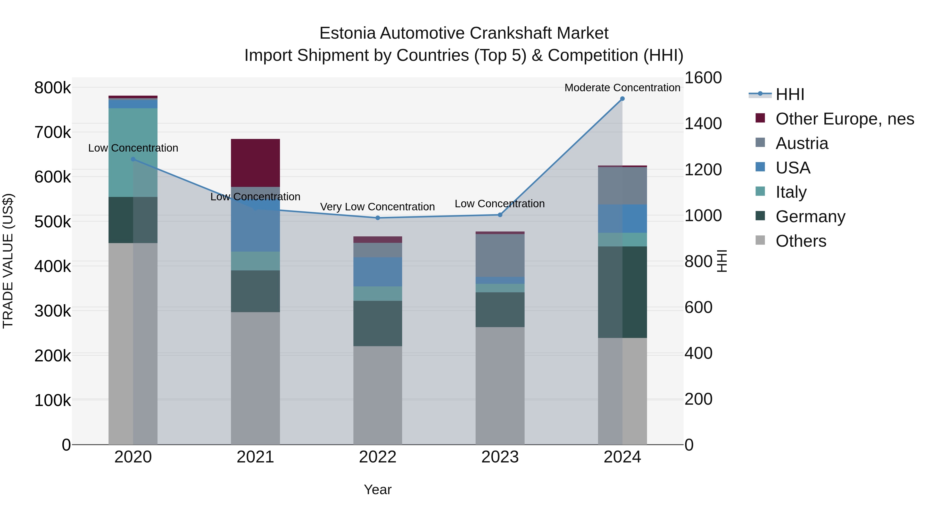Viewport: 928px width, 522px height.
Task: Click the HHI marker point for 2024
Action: [622, 99]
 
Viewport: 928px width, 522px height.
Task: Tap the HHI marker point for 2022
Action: [378, 218]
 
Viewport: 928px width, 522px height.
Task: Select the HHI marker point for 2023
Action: [500, 215]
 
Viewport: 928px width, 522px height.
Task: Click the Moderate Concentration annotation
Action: [622, 88]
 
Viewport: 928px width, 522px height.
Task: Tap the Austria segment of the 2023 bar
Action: [500, 255]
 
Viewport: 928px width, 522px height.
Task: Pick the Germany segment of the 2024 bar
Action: [622, 292]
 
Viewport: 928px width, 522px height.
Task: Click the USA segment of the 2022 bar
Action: [378, 272]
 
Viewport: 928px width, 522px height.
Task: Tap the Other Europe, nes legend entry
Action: [844, 119]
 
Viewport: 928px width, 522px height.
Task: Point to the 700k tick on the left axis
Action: [53, 132]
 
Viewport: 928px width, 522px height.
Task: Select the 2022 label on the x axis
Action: [378, 457]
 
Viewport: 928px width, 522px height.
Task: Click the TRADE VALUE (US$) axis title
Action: [8, 261]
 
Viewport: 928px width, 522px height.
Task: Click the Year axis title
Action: [378, 490]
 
